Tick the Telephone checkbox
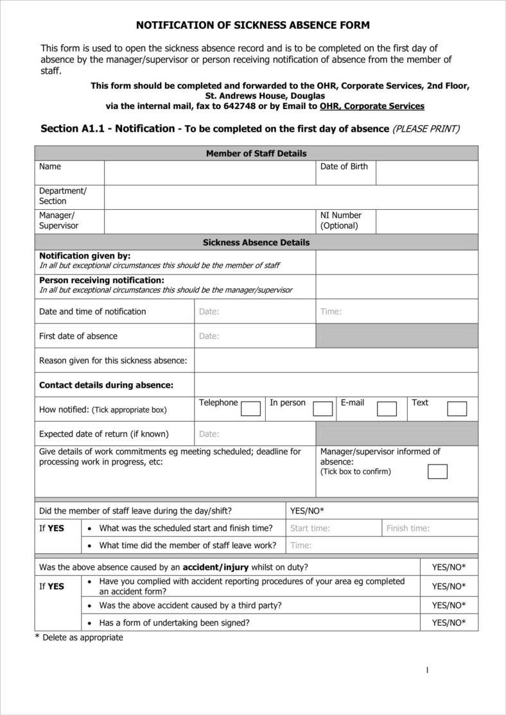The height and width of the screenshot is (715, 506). pyautogui.click(x=250, y=409)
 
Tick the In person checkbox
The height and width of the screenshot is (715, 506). pyautogui.click(x=322, y=409)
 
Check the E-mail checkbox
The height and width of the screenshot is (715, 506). pyautogui.click(x=387, y=409)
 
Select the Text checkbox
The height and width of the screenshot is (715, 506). pyautogui.click(x=457, y=409)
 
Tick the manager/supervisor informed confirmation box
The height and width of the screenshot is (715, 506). pyautogui.click(x=437, y=472)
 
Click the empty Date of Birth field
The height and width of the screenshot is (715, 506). pyautogui.click(x=426, y=173)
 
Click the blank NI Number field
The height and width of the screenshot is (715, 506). pyautogui.click(x=426, y=221)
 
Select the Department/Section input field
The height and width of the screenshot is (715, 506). pyautogui.click(x=290, y=197)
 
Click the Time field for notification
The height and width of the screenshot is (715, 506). pyautogui.click(x=396, y=311)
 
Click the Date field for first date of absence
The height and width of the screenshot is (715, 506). pyautogui.click(x=254, y=336)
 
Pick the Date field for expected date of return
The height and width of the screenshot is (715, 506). pyautogui.click(x=254, y=434)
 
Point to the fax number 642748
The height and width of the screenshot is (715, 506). pyautogui.click(x=227, y=106)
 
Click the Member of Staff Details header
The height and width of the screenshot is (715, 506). pyautogui.click(x=256, y=153)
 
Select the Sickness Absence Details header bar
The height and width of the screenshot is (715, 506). pyautogui.click(x=256, y=243)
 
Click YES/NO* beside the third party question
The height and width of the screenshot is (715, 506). pyautogui.click(x=449, y=605)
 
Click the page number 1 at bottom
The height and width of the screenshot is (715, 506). pyautogui.click(x=427, y=671)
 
